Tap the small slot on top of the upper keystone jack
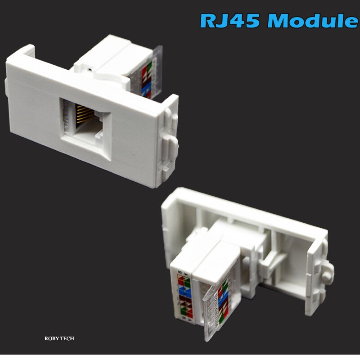click(x=90, y=70)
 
